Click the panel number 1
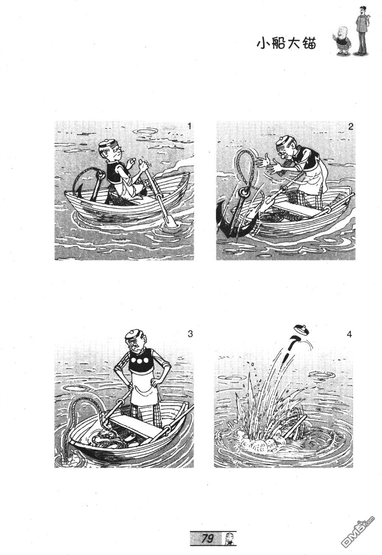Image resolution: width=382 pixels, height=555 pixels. point(189,126)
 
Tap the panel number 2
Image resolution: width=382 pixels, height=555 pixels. point(350,127)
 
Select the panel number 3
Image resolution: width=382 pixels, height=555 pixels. point(190,334)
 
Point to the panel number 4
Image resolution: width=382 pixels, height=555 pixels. point(349,334)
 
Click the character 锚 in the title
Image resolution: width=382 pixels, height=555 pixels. point(309,44)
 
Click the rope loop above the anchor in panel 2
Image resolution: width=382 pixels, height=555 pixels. point(245,168)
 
